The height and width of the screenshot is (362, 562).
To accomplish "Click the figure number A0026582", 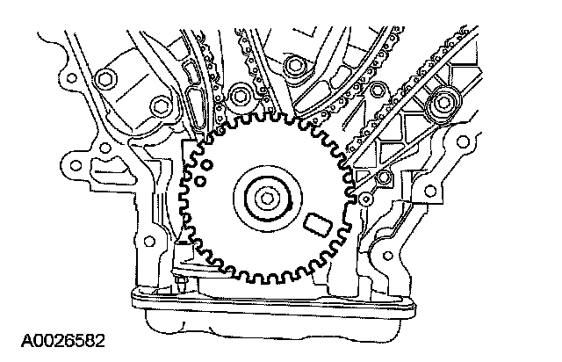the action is point(54,337).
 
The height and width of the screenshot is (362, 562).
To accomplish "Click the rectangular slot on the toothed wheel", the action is point(314,225).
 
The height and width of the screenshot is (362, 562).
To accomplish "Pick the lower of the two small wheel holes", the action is point(201,182).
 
